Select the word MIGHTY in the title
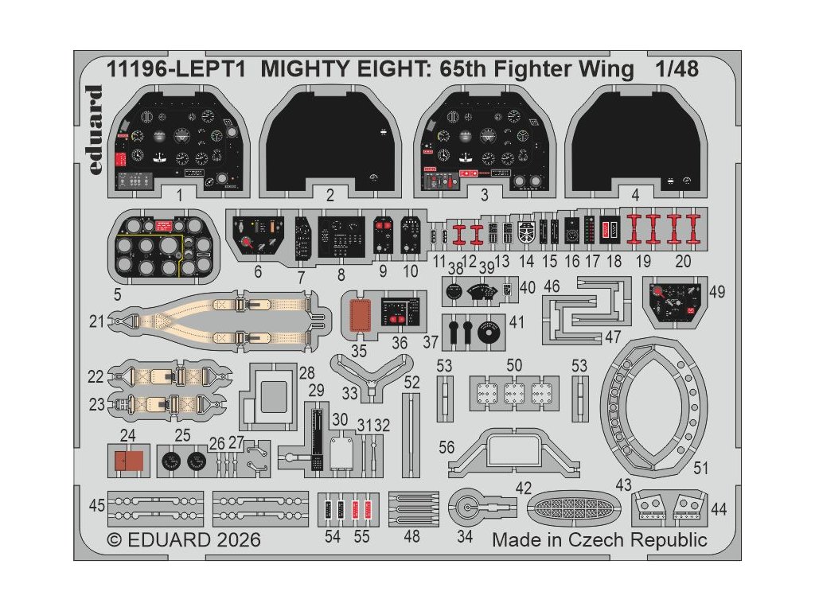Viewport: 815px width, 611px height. (x=298, y=69)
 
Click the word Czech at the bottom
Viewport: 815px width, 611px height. (x=597, y=539)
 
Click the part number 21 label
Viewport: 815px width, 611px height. (x=98, y=321)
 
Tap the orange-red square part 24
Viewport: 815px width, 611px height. (x=127, y=461)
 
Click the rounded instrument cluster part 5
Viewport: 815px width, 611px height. (x=166, y=248)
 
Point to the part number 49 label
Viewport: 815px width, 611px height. (x=716, y=292)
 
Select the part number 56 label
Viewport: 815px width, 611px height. (x=446, y=448)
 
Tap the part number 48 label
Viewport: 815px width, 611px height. (x=411, y=536)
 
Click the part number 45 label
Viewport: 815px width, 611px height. (x=97, y=505)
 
